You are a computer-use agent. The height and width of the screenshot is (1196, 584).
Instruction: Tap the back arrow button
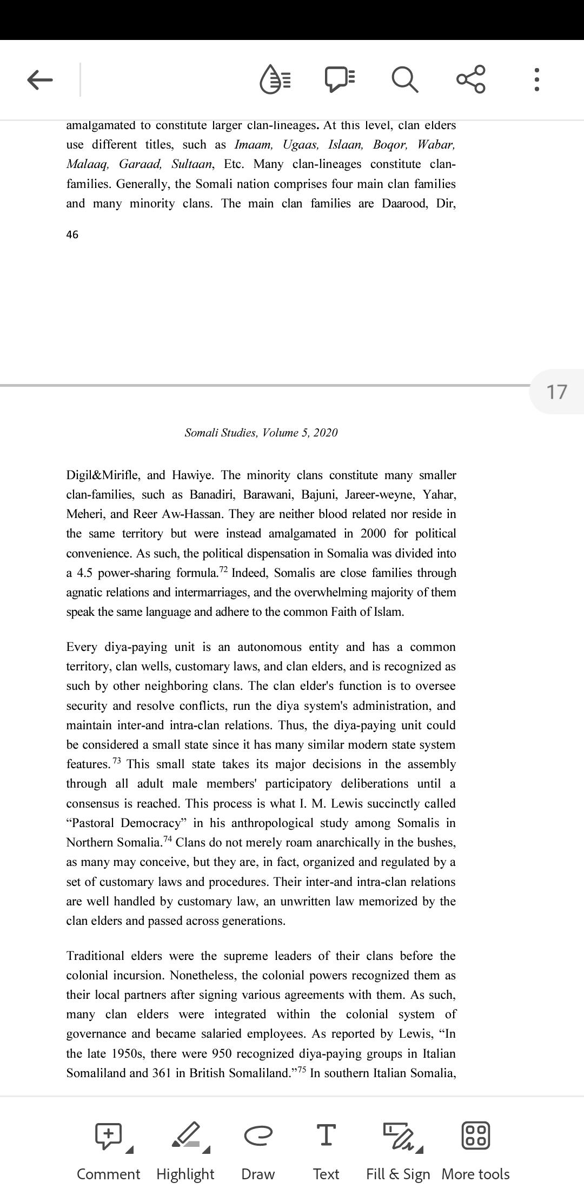(39, 80)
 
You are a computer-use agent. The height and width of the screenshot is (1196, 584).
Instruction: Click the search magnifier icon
(404, 80)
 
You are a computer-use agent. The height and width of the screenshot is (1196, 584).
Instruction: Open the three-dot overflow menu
(536, 79)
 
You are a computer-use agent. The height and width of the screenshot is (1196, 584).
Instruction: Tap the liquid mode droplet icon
(276, 80)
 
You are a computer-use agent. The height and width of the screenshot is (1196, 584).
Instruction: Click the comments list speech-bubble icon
(340, 80)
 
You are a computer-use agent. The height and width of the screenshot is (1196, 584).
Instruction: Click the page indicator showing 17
(557, 392)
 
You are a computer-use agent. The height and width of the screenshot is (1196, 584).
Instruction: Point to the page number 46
(72, 234)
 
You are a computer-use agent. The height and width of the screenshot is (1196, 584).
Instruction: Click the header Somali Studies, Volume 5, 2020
(261, 433)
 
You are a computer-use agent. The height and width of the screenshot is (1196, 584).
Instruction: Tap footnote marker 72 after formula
(223, 570)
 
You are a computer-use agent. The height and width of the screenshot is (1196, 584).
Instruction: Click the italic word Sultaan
(191, 164)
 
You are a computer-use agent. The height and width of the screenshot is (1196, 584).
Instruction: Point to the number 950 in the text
(222, 1054)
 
